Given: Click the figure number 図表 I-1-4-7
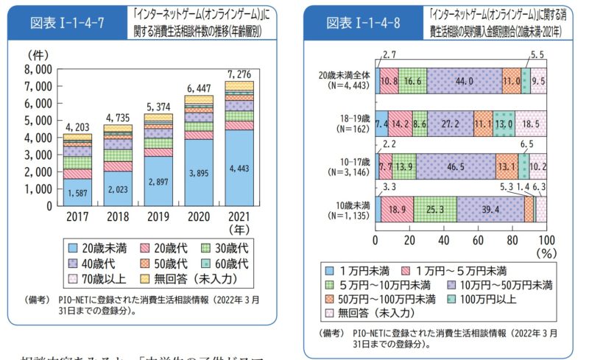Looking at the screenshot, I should (x=67, y=22).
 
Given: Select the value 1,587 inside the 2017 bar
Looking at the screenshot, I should (x=77, y=194).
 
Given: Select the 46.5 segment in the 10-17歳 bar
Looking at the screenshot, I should (x=456, y=167).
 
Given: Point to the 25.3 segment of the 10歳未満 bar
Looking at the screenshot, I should (x=434, y=210).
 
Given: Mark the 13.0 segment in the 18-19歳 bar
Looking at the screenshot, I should (x=504, y=124).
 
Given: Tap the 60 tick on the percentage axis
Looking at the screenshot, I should (x=478, y=240).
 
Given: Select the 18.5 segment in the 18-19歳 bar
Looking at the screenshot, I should (x=531, y=124).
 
